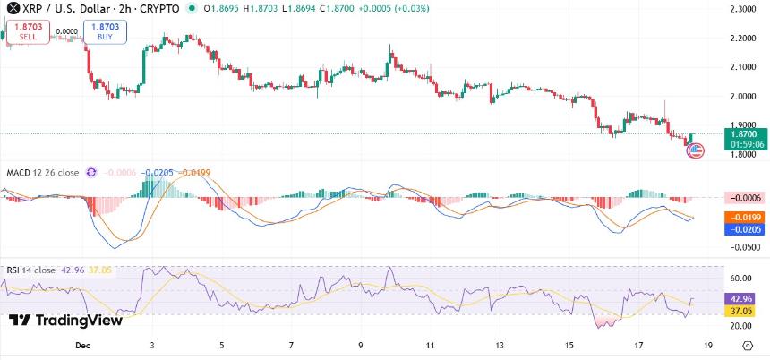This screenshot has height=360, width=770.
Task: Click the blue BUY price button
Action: click(x=107, y=32)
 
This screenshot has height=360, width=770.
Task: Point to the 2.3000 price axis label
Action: click(x=743, y=9)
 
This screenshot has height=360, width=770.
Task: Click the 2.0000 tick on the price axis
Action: click(x=743, y=96)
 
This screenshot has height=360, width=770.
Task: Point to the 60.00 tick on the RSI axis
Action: click(x=743, y=279)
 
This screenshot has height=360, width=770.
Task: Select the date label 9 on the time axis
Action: click(x=360, y=344)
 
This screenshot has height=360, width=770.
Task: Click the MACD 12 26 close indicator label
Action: click(x=42, y=172)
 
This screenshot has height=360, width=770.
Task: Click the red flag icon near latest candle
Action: click(x=695, y=150)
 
